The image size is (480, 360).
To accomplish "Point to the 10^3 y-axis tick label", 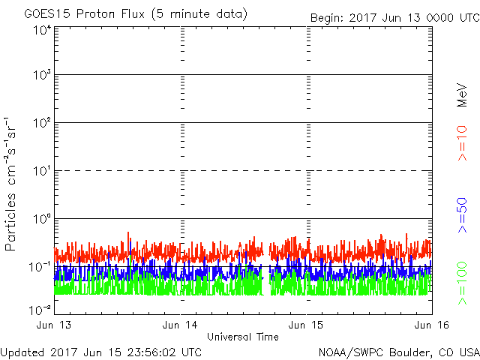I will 40,75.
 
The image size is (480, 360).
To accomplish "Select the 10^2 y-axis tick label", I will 40,123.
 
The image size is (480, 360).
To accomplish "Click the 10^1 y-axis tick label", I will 40,171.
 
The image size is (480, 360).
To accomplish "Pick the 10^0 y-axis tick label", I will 40,219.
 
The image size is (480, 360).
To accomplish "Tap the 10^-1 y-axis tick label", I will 39,267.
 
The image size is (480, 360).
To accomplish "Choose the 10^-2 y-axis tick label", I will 39,310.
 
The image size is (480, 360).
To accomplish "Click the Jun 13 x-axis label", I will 55,324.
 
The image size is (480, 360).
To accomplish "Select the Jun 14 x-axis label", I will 181,324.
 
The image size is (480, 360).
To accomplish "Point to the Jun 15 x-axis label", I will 307,324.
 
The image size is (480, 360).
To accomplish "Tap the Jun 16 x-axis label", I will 430,324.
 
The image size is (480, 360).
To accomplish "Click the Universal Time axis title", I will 242,337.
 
